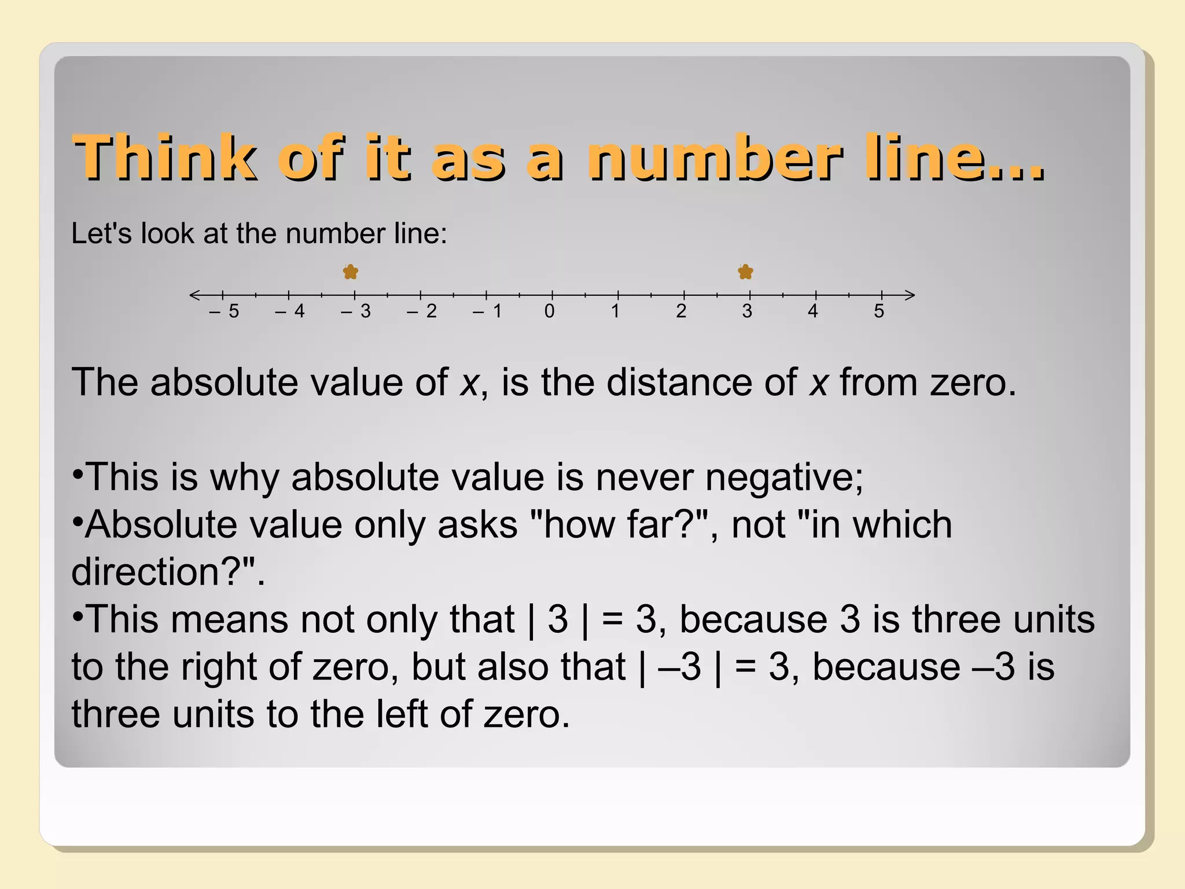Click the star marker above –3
pos(351,271)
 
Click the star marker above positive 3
pos(746,271)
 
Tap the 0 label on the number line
pos(550,311)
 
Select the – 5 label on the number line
pos(225,311)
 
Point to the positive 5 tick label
pos(879,311)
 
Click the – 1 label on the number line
pos(487,311)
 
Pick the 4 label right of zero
pos(813,311)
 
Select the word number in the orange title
pos(715,157)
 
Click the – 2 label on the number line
pos(421,311)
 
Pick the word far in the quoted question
pos(653,525)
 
